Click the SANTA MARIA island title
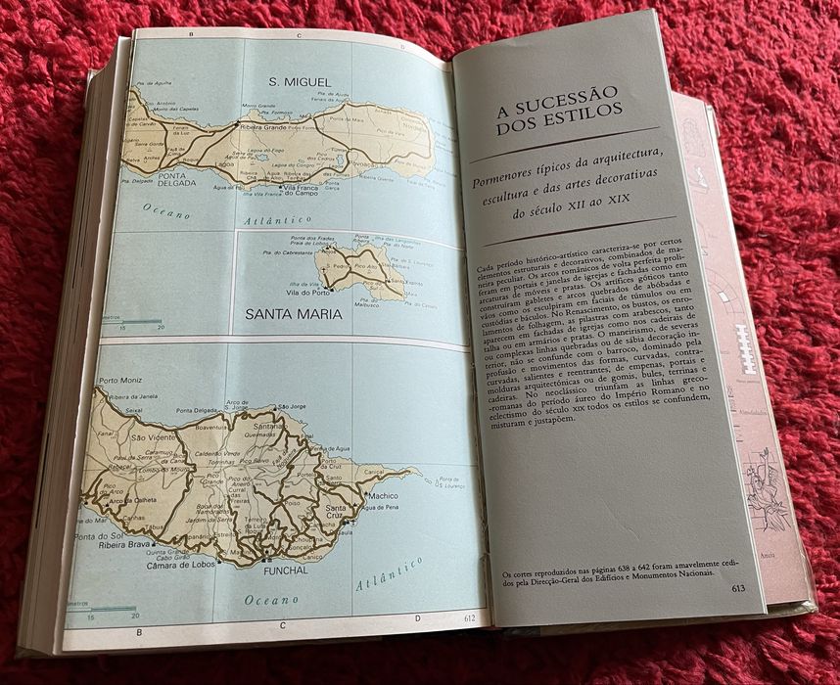(x=293, y=315)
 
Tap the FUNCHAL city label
(x=286, y=570)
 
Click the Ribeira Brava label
(x=126, y=543)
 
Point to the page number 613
(x=739, y=589)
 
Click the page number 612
(x=469, y=616)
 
